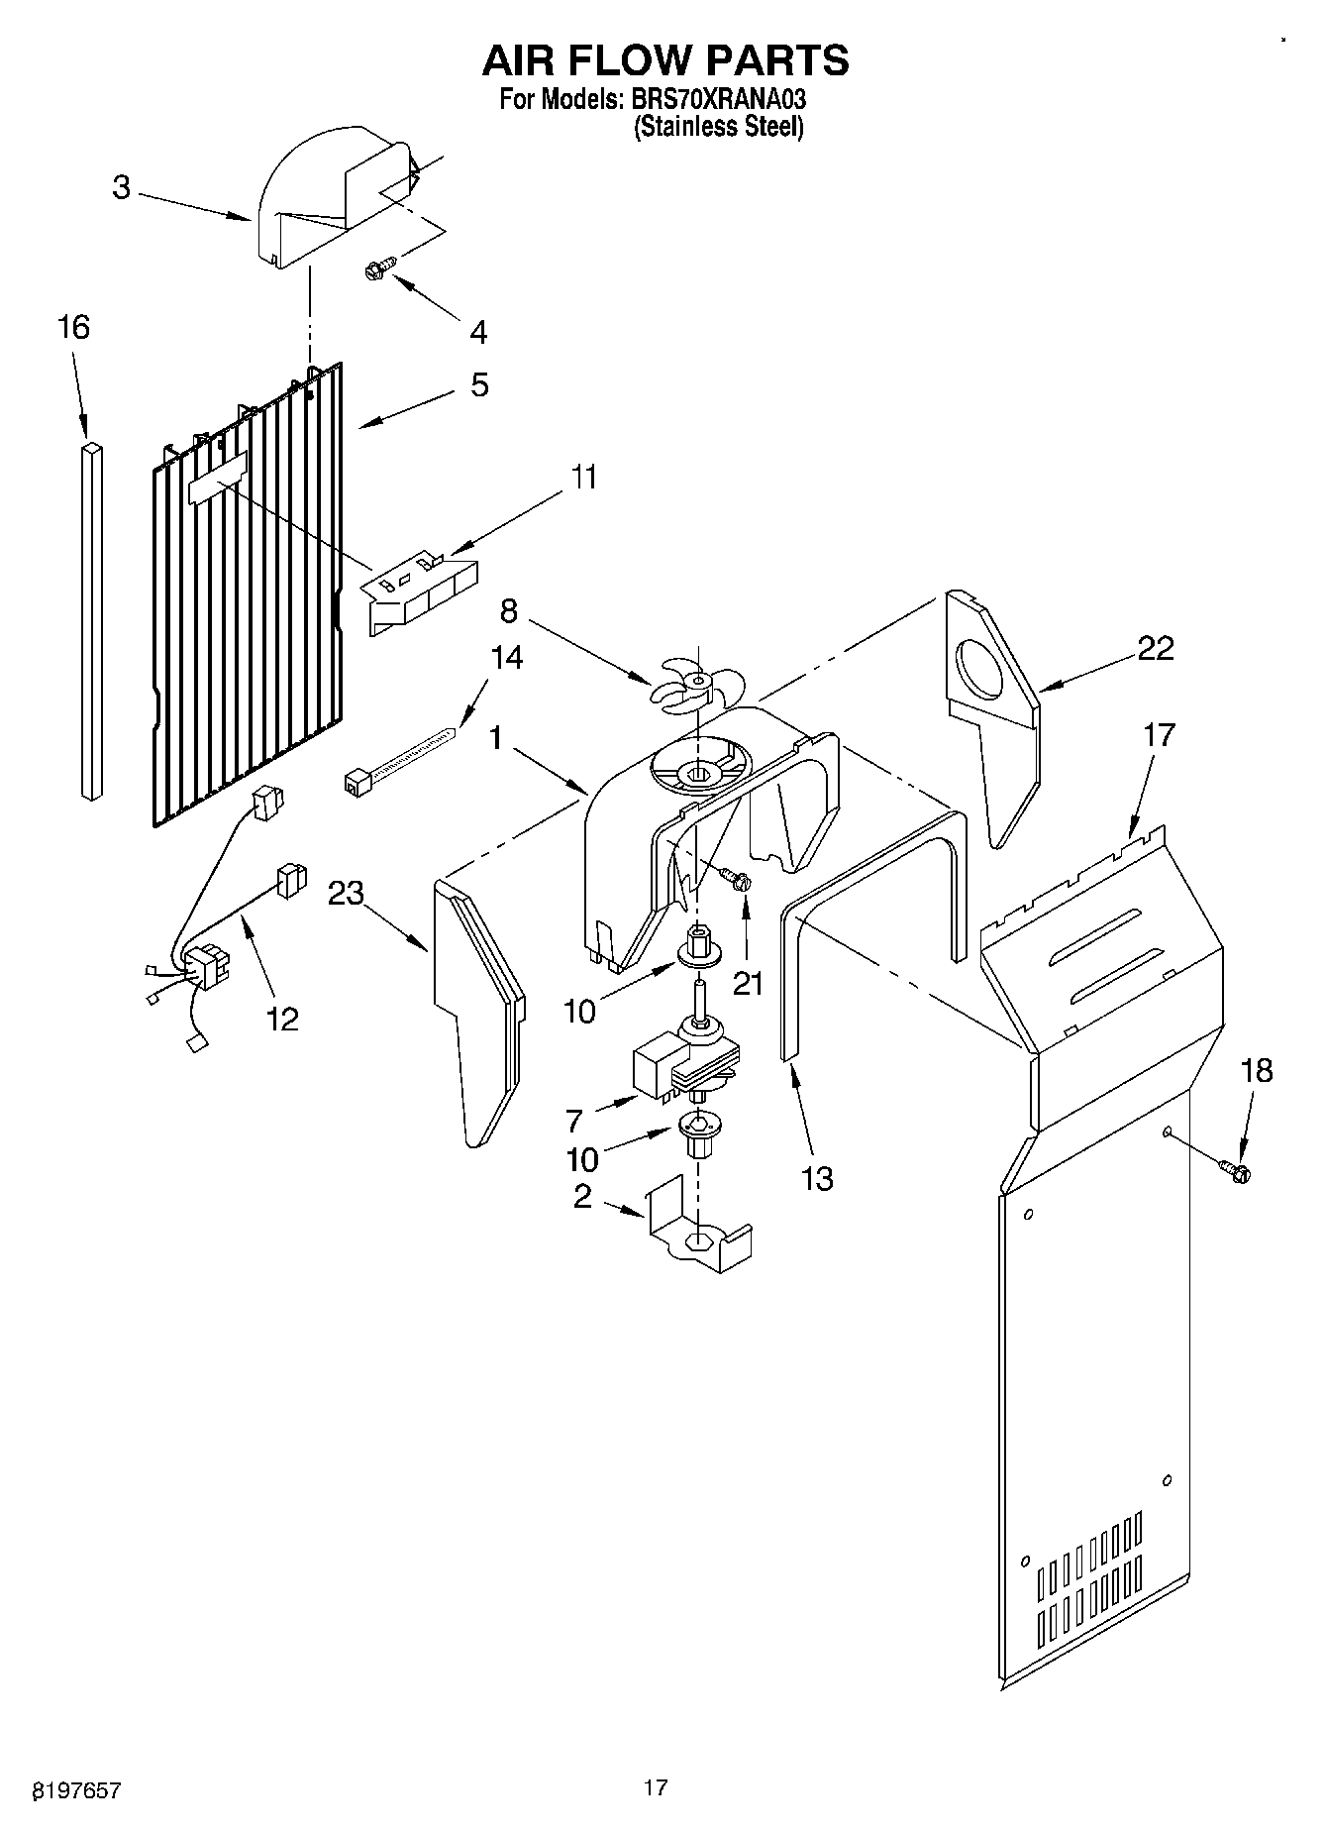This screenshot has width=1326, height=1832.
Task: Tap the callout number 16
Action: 73,327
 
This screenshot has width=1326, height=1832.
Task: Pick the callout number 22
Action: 1155,648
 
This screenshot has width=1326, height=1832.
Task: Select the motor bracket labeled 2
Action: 697,1231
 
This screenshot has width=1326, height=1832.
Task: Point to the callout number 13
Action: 817,1179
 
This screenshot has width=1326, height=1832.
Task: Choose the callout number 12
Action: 282,1018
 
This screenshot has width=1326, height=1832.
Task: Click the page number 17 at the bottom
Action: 656,1787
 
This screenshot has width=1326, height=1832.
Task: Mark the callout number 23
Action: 347,894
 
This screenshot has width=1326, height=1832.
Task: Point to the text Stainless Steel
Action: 718,127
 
